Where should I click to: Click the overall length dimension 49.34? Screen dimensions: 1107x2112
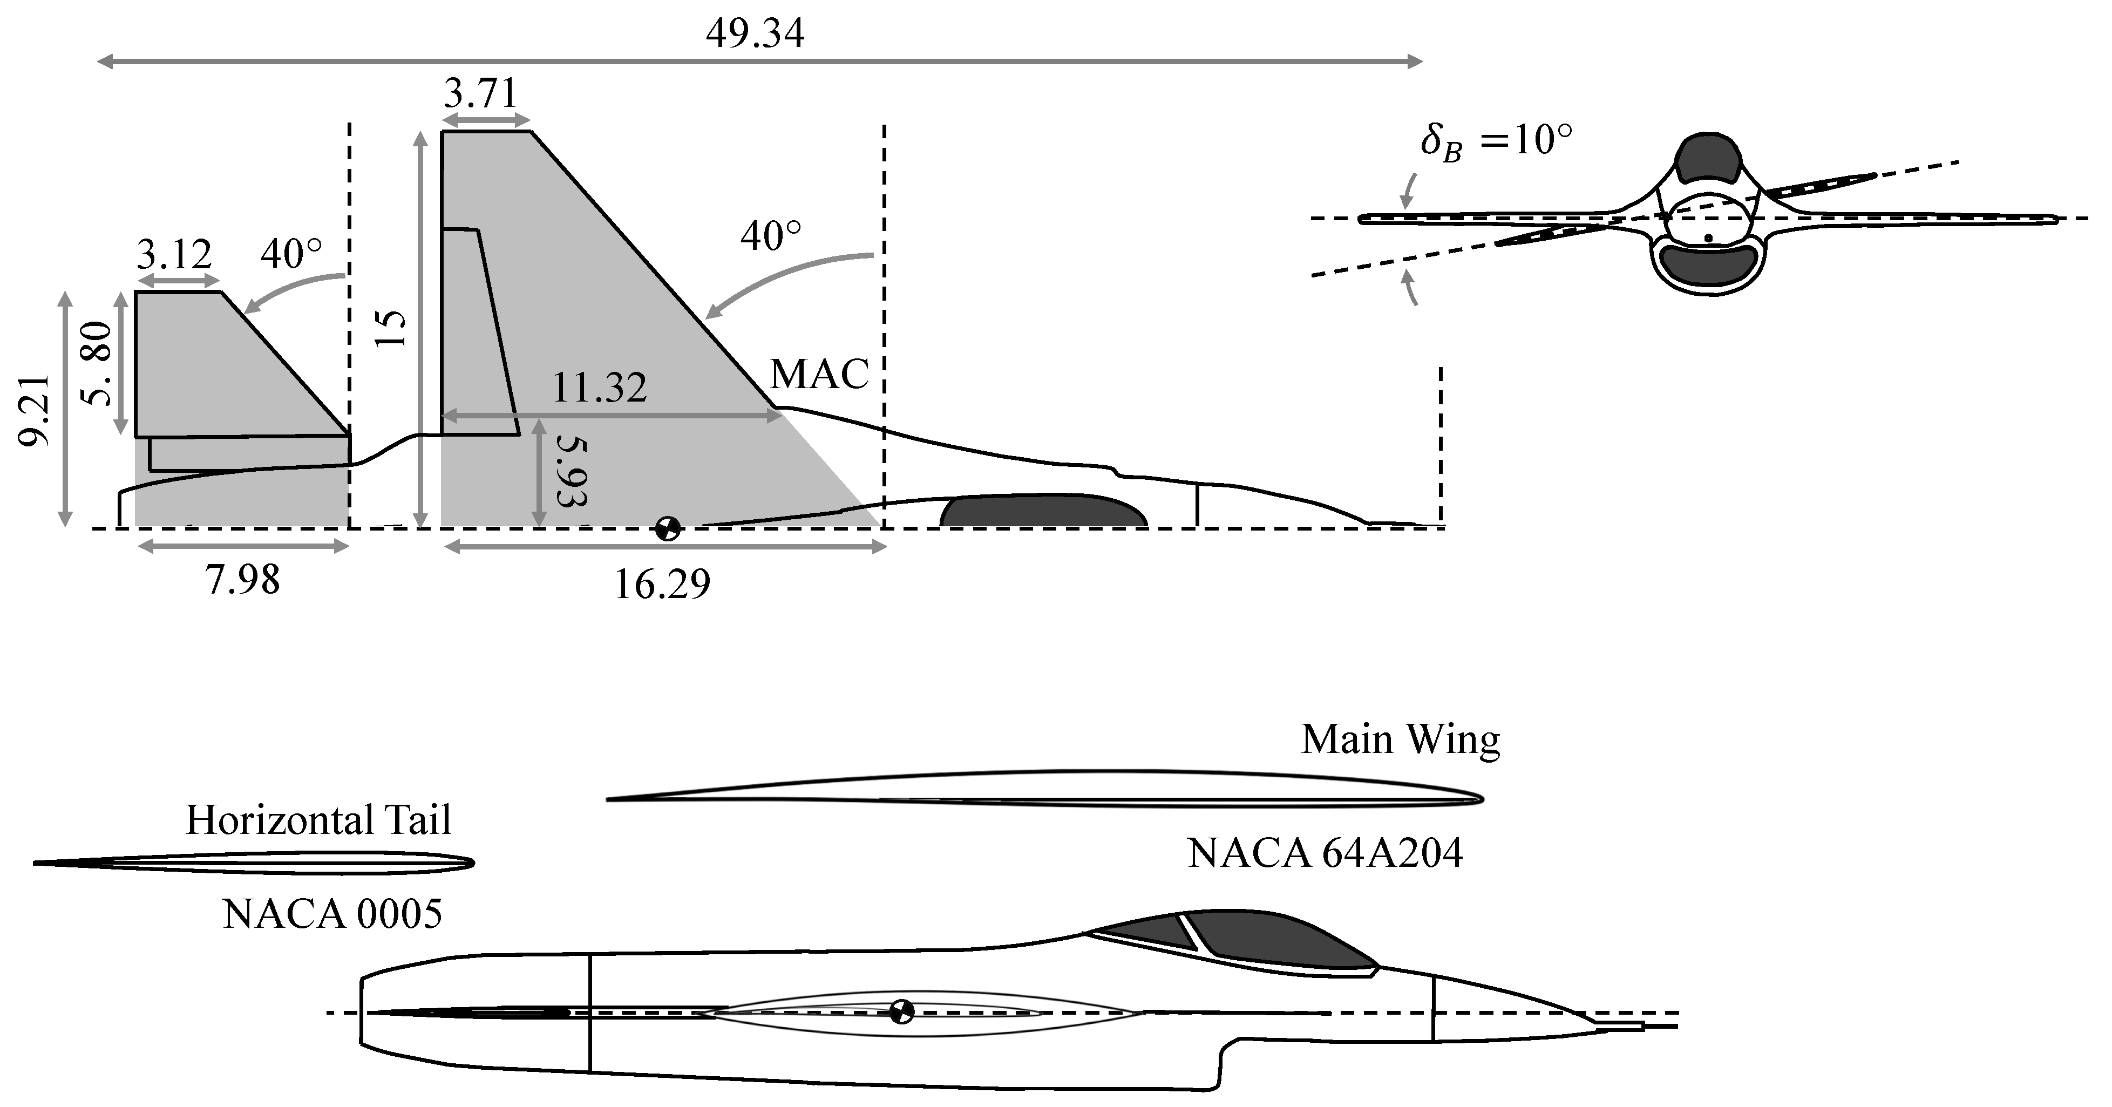click(x=755, y=33)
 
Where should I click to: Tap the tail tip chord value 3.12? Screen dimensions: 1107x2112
click(x=174, y=254)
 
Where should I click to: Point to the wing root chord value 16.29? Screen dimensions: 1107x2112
click(x=662, y=585)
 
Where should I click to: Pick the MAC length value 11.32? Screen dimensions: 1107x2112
click(x=599, y=387)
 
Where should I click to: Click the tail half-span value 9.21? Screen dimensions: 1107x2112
click(x=35, y=410)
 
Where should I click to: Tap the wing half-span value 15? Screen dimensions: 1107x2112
click(x=391, y=329)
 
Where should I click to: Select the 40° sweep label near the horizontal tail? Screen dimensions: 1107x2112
click(x=291, y=254)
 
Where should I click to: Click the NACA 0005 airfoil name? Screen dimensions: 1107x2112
click(x=332, y=913)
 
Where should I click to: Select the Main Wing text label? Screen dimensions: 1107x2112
click(x=1400, y=739)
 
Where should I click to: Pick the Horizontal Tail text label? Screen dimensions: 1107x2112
click(x=318, y=819)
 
